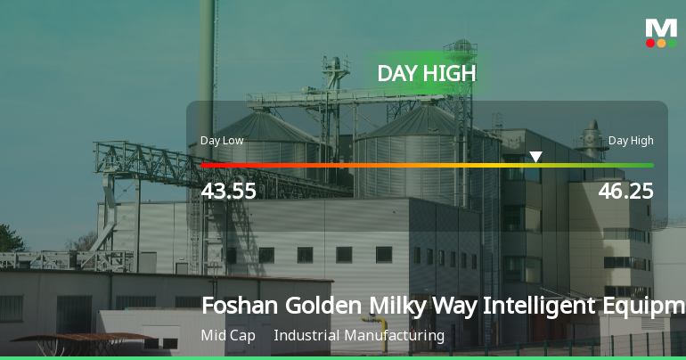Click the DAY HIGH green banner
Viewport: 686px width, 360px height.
pos(426,73)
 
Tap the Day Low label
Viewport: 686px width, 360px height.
pos(222,141)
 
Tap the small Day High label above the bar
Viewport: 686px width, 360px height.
pos(631,141)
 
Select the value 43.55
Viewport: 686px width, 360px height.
pos(229,191)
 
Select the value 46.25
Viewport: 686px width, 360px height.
pos(625,191)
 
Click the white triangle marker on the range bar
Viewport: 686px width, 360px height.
pos(535,158)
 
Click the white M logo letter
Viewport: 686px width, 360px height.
pos(661,28)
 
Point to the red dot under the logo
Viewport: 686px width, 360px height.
pos(650,43)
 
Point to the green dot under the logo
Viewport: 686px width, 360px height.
pos(673,43)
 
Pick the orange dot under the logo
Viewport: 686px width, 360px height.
pos(661,43)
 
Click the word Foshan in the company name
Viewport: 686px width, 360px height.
pos(239,306)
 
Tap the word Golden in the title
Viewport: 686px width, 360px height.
pos(321,306)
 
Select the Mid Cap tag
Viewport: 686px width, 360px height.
pos(228,336)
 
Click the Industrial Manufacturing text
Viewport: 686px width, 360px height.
pos(359,336)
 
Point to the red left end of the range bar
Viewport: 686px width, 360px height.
pos(205,165)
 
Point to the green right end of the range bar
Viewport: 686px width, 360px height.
pos(649,165)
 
